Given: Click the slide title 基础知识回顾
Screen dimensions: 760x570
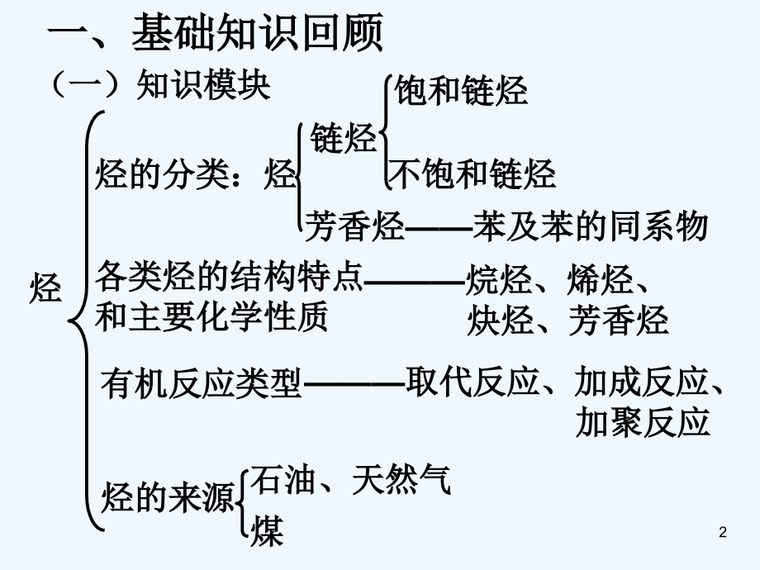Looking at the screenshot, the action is pyautogui.click(x=258, y=32).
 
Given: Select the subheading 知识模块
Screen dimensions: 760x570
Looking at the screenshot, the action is pyautogui.click(x=203, y=85).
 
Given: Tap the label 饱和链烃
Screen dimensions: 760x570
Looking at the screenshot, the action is pyautogui.click(x=460, y=91).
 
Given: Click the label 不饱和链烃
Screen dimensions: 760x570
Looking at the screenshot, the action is pyautogui.click(x=473, y=174).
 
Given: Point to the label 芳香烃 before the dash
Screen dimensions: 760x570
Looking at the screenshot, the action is pyautogui.click(x=354, y=226).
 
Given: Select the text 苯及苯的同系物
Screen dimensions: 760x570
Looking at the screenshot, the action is pyautogui.click(x=591, y=226).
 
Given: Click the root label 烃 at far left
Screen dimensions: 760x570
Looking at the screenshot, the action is pyautogui.click(x=46, y=288).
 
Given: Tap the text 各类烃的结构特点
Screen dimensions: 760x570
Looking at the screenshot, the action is pyautogui.click(x=229, y=276).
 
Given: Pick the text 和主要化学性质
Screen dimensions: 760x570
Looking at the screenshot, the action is pyautogui.click(x=211, y=316).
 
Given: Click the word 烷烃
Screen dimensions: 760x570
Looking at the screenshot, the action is pyautogui.click(x=499, y=280).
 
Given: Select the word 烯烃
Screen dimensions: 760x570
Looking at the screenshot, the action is pyautogui.click(x=600, y=280).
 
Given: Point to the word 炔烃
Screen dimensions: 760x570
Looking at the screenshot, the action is pyautogui.click(x=501, y=320).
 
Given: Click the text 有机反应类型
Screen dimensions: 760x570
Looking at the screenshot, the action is pyautogui.click(x=201, y=383).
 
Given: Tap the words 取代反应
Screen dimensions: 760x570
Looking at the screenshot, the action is pyautogui.click(x=473, y=382).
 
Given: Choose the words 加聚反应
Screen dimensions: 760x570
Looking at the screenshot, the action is pyautogui.click(x=644, y=421).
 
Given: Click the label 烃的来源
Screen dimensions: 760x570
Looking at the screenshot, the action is pyautogui.click(x=169, y=498).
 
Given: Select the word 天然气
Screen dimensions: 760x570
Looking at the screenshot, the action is pyautogui.click(x=401, y=480).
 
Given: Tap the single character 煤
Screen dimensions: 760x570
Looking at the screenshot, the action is pyautogui.click(x=267, y=531).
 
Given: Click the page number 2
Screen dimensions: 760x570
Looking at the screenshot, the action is pyautogui.click(x=723, y=532).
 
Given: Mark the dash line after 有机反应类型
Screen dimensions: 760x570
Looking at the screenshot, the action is pyautogui.click(x=354, y=384).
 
